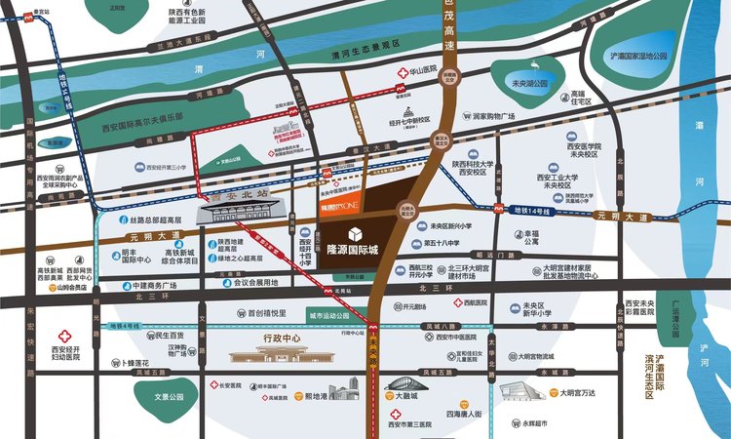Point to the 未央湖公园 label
(x=530, y=84)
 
